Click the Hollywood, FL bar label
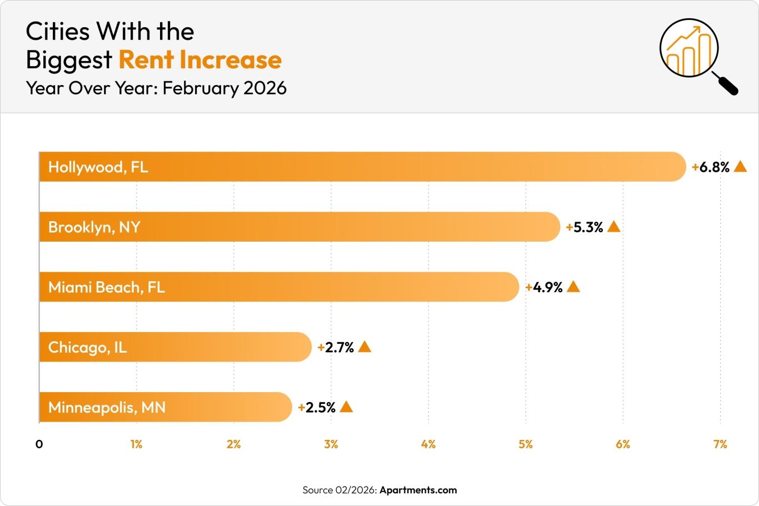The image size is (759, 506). point(98,167)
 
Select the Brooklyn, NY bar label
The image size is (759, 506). point(94,227)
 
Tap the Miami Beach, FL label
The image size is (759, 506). point(106,287)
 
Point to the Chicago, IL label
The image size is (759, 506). point(87,347)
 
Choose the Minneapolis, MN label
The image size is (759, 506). point(107,407)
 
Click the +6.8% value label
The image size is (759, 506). point(711,167)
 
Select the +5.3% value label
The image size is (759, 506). point(585,227)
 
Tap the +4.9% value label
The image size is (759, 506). point(544,287)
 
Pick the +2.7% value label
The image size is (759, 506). point(336,347)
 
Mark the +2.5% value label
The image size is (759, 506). point(317,407)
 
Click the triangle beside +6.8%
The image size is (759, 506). point(740,167)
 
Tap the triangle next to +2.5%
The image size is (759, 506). point(346,407)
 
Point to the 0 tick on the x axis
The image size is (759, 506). point(39,444)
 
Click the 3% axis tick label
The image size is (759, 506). point(331,444)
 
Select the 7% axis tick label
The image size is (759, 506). point(720,444)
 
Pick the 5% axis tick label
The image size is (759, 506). point(526,444)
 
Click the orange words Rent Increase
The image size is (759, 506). point(200,60)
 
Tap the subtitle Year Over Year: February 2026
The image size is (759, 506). point(156,88)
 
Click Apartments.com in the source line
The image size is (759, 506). point(418,490)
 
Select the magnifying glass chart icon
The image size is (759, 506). point(696,54)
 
